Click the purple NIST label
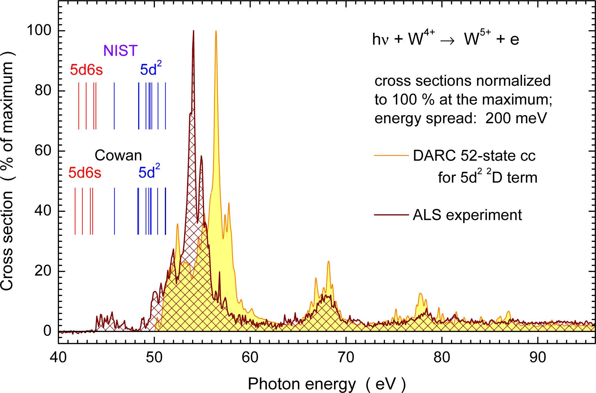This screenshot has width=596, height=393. tap(120, 51)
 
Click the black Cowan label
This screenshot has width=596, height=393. tap(118, 155)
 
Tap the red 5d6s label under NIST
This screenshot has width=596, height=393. tap(86, 70)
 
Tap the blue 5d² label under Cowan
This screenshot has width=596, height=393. tap(149, 172)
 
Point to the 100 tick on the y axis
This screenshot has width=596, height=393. tap(39, 31)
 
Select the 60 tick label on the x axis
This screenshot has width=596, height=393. tap(250, 358)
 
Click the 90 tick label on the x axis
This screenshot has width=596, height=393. tap(538, 358)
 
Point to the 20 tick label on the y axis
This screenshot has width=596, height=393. tap(43, 271)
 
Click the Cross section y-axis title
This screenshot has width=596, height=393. tap(7, 172)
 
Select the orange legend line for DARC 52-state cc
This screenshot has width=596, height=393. tap(391, 156)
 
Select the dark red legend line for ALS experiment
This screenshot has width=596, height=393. tap(391, 215)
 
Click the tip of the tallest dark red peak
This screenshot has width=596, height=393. tap(194, 31)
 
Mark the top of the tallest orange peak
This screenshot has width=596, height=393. tap(216, 31)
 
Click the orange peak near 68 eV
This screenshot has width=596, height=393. tap(329, 262)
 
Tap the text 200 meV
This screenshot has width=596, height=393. tap(516, 118)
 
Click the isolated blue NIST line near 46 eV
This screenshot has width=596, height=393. tap(114, 106)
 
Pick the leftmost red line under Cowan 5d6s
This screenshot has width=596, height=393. tap(75, 211)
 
